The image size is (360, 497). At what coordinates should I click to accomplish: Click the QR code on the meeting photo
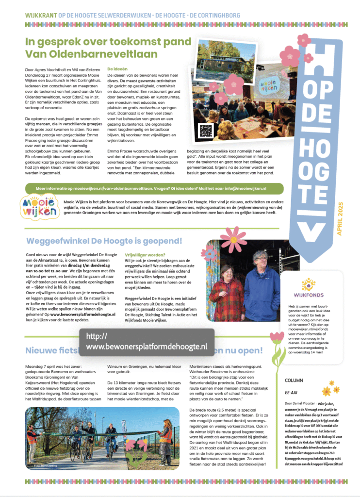click(x=206, y=131)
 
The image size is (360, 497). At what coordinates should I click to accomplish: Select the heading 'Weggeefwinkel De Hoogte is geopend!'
click(x=104, y=241)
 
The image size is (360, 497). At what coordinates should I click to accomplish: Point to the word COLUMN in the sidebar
click(x=294, y=381)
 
